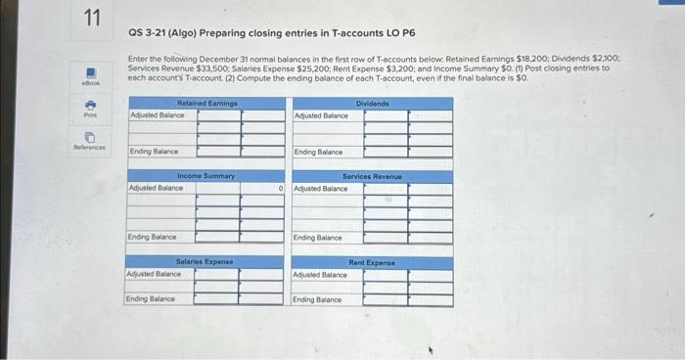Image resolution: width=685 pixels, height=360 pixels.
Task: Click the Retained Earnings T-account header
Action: (x=205, y=104)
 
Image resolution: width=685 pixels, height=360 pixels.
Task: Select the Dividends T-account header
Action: (x=372, y=104)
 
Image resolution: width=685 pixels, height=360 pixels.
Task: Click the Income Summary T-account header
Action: (x=205, y=176)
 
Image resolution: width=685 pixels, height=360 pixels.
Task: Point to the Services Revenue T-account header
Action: (x=372, y=176)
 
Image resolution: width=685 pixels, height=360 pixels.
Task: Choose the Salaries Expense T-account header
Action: (x=205, y=262)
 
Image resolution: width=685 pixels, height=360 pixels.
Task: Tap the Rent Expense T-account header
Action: (x=372, y=262)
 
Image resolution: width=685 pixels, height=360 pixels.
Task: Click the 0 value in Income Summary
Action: (x=281, y=188)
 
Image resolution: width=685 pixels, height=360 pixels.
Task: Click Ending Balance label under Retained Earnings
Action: (x=154, y=152)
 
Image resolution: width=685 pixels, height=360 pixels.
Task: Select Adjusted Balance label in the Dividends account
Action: (x=321, y=115)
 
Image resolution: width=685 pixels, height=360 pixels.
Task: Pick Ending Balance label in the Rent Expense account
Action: (x=318, y=298)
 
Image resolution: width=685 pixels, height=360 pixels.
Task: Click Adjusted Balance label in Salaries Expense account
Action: (x=154, y=274)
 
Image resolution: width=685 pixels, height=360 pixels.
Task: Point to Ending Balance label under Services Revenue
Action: (x=318, y=238)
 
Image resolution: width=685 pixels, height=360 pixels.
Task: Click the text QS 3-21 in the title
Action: (x=149, y=33)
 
